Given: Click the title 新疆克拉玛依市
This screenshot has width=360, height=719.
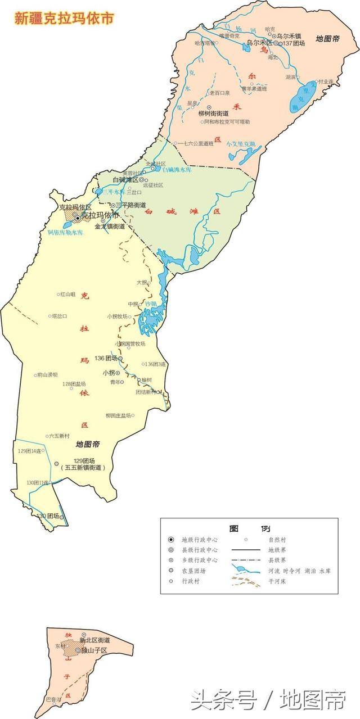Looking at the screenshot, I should (x=64, y=18).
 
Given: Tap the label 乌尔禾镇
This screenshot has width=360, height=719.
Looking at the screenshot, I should (x=290, y=35).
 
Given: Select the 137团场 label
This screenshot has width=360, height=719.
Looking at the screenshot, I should (x=294, y=43).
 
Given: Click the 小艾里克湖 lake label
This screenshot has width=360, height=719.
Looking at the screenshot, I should (x=241, y=144).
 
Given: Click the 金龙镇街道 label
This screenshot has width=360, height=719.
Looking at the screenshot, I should (x=110, y=227).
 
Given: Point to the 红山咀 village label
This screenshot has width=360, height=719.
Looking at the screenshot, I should (x=68, y=293).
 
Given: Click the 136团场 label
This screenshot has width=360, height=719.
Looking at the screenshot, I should (x=106, y=358).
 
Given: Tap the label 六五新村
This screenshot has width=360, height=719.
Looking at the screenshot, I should (x=59, y=436).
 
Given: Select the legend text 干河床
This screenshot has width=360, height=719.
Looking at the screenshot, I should (x=277, y=581).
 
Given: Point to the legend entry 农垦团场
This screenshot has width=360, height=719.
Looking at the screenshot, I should (x=191, y=571).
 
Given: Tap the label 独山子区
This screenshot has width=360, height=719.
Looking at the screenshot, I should (x=94, y=650).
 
